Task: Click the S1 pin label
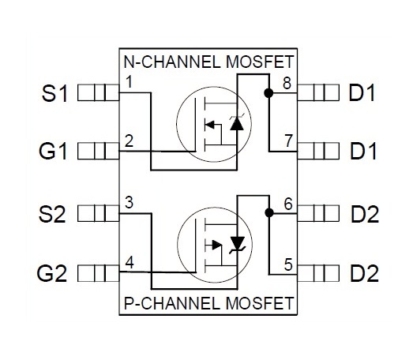click(54, 93)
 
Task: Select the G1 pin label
click(53, 151)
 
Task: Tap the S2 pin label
click(52, 214)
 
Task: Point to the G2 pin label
click(51, 273)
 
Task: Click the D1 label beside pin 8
click(362, 93)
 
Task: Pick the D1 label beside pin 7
click(363, 151)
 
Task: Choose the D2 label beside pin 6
click(365, 214)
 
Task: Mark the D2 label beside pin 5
click(364, 273)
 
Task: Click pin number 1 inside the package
click(129, 81)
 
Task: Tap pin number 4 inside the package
click(130, 262)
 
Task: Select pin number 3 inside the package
click(129, 203)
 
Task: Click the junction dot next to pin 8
click(268, 92)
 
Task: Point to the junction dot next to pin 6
click(269, 212)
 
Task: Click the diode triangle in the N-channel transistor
click(237, 124)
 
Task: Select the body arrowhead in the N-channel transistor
click(210, 124)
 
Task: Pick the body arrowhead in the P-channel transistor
click(217, 246)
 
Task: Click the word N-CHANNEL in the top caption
click(172, 62)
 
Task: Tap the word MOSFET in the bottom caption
click(260, 303)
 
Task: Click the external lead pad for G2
click(99, 273)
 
